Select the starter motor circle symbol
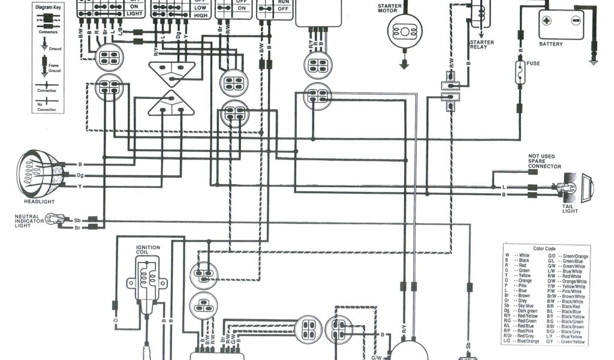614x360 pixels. (404, 31)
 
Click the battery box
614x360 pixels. (561, 24)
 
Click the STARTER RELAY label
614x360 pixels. (481, 44)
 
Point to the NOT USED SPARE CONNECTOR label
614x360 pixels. (544, 161)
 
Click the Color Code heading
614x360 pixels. (544, 249)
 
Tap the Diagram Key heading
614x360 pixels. (48, 7)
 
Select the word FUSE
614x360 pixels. (533, 63)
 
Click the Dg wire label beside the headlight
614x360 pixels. (80, 175)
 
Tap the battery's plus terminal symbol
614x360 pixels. (547, 20)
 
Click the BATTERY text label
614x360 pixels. (551, 44)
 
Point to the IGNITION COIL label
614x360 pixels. (148, 250)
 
